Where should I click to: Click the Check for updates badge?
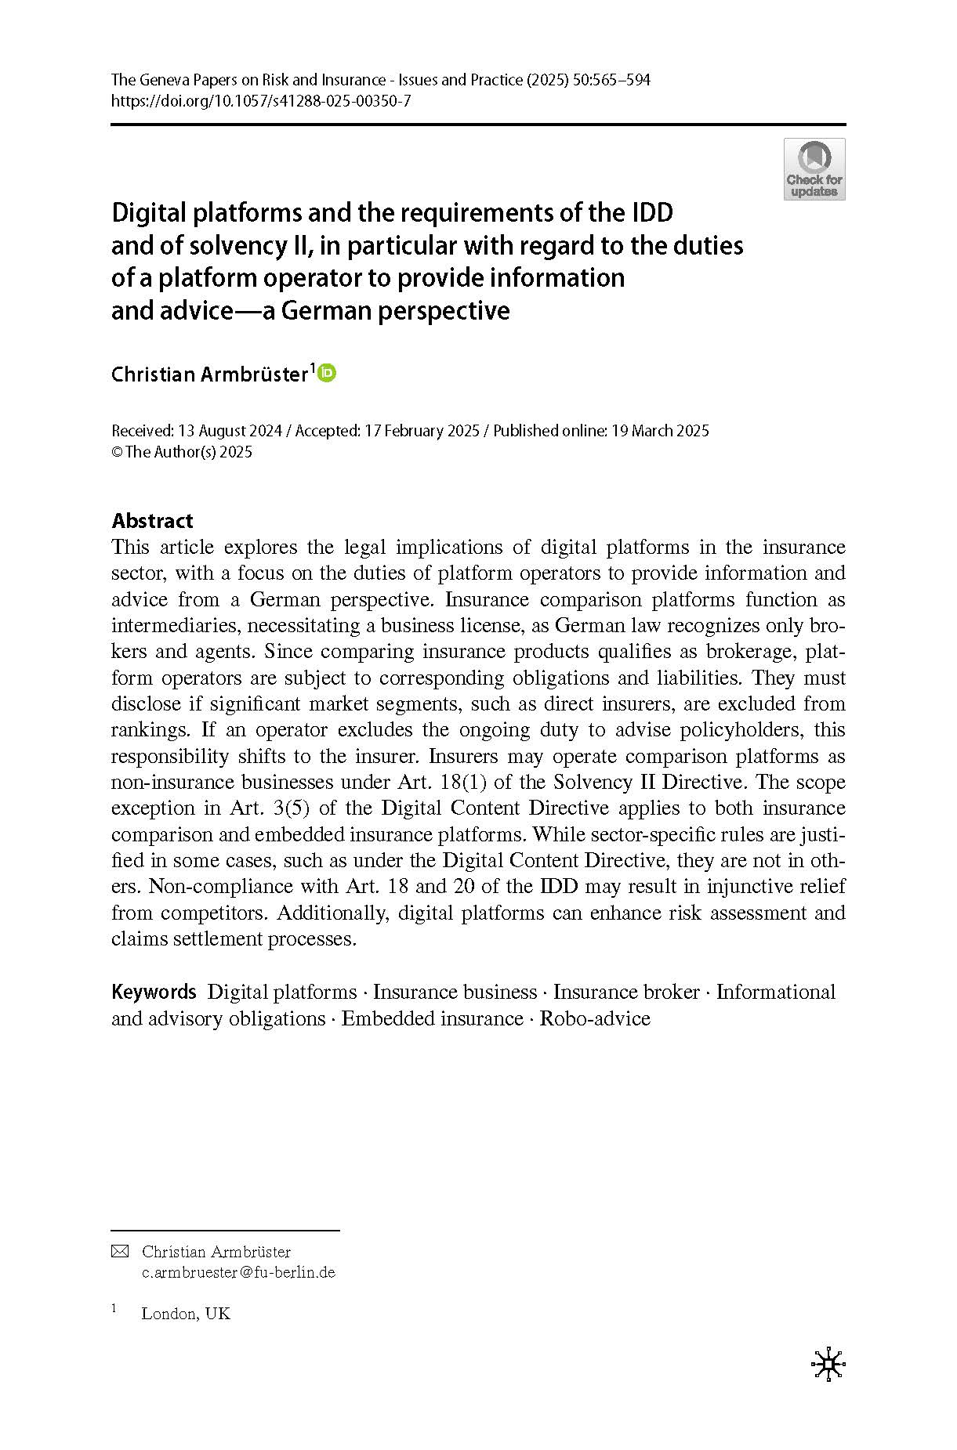[814, 169]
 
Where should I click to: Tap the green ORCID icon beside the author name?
[327, 374]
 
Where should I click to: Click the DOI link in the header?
[261, 101]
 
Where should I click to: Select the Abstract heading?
[152, 521]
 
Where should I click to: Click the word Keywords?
[154, 992]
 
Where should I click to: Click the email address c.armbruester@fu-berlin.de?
[238, 1272]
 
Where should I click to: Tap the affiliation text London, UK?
[186, 1314]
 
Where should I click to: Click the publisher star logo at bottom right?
[828, 1365]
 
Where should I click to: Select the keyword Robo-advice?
[595, 1018]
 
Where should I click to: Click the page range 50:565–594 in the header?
[611, 80]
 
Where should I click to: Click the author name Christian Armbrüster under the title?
[209, 374]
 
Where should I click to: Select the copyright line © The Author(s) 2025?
[182, 452]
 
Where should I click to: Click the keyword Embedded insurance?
[432, 1018]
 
